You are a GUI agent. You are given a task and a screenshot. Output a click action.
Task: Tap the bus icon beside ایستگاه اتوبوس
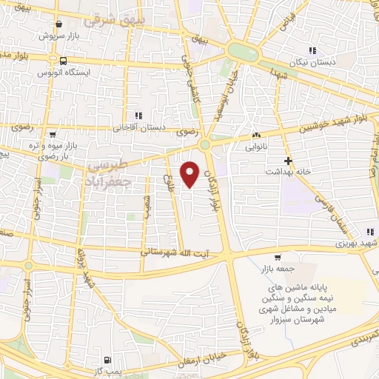64,61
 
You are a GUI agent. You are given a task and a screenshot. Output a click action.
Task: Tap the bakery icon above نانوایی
256,135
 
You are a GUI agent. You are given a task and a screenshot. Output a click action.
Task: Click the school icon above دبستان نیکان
312,50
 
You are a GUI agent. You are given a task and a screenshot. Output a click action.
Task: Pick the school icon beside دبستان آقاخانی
138,115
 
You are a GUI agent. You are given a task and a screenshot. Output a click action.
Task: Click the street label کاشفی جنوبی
190,93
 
